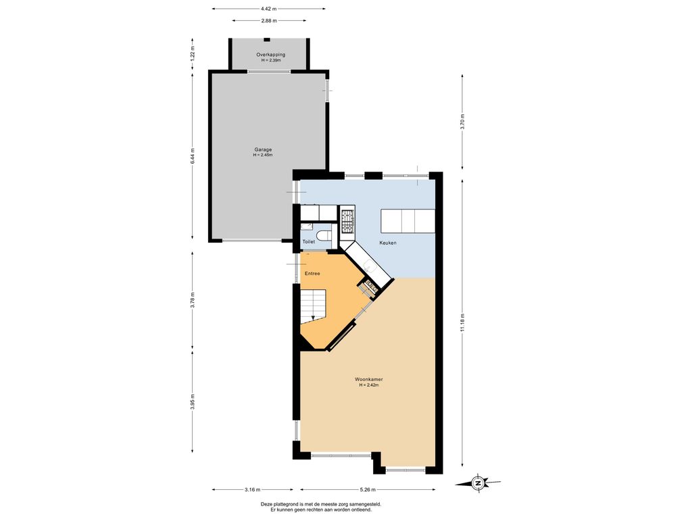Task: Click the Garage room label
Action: (x=263, y=149)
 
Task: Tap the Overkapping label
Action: (x=270, y=55)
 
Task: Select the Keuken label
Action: (x=388, y=243)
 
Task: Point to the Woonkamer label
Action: (x=368, y=379)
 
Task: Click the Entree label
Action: (x=312, y=274)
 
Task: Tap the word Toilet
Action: (x=308, y=242)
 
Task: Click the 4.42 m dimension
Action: (x=268, y=8)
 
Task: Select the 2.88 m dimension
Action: (x=269, y=21)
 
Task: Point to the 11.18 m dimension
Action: (x=462, y=322)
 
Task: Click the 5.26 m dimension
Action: (x=368, y=489)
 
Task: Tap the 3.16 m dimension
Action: (x=252, y=489)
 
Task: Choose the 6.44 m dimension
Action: (x=193, y=156)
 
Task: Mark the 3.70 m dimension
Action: (x=462, y=121)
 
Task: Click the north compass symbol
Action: (x=478, y=483)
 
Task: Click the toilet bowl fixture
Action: (x=324, y=234)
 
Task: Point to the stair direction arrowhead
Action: (x=313, y=317)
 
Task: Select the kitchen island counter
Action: (x=408, y=221)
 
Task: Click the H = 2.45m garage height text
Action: (x=263, y=155)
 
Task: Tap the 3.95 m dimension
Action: (x=193, y=401)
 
